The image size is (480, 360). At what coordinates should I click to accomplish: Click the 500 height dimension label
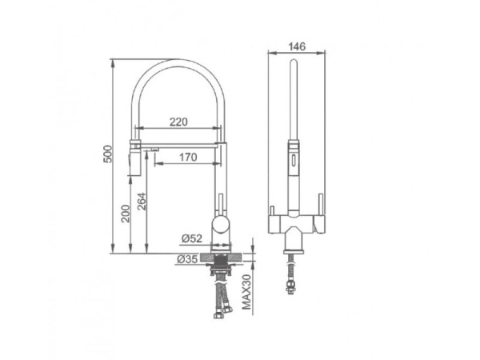(x=108, y=154)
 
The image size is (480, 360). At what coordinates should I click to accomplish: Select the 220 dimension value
(x=178, y=122)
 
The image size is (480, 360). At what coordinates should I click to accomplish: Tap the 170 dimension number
(x=188, y=157)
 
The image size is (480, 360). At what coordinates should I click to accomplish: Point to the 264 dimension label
(x=142, y=201)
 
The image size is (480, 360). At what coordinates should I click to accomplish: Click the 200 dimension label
(x=126, y=214)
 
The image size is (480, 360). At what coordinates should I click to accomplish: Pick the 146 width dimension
(x=297, y=46)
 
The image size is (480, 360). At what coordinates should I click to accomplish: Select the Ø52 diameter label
(x=192, y=238)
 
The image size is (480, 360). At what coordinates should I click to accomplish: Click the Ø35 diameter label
(x=187, y=259)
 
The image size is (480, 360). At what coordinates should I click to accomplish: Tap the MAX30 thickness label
(x=246, y=292)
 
